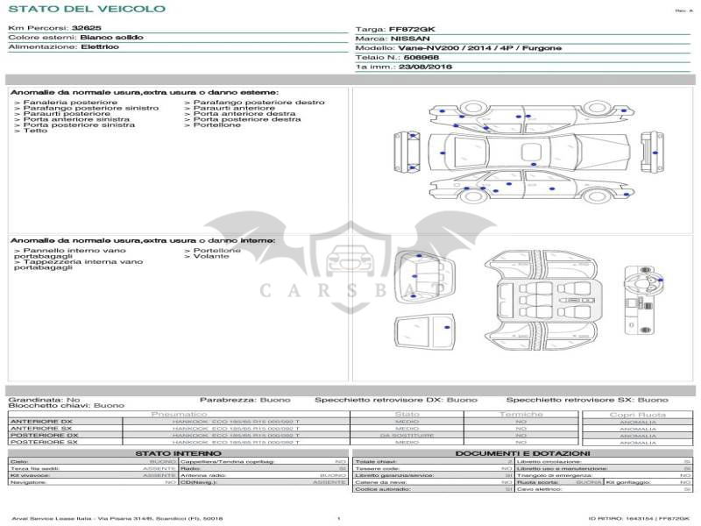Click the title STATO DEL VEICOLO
(x=86, y=9)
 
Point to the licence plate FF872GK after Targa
(x=411, y=30)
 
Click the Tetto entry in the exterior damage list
(x=35, y=131)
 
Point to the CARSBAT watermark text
(x=350, y=289)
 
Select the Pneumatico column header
(x=180, y=414)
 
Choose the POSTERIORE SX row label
(x=44, y=443)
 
